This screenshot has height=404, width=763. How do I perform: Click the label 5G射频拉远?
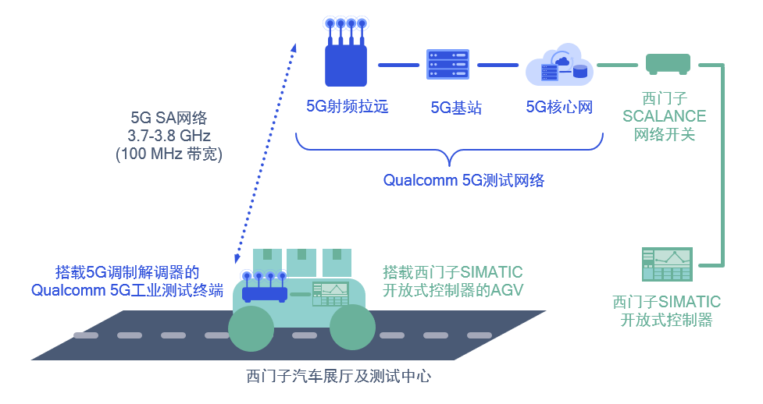[x=347, y=106]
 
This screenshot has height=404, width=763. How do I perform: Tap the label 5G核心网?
[x=559, y=106]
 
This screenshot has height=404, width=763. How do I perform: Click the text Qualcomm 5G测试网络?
[x=463, y=180]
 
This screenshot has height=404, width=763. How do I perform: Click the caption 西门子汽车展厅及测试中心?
[x=339, y=376]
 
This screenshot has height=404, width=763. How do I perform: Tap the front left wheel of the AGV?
[x=251, y=328]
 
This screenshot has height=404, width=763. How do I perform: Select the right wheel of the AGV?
[x=353, y=328]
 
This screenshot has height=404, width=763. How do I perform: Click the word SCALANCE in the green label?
[x=664, y=117]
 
